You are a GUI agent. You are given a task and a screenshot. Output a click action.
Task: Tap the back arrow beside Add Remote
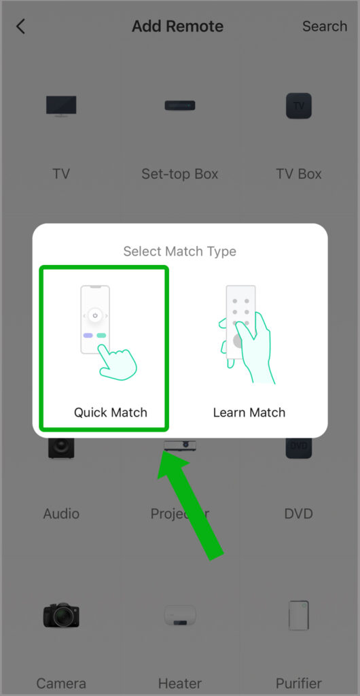click(x=20, y=27)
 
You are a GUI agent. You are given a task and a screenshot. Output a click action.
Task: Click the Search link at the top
click(x=325, y=27)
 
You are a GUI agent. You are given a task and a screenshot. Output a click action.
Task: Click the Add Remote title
click(x=177, y=27)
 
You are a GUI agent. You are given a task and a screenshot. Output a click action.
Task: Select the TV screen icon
click(x=61, y=106)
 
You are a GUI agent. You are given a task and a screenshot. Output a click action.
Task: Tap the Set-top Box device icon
click(x=179, y=105)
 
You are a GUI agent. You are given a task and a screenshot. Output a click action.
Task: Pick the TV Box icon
click(x=298, y=105)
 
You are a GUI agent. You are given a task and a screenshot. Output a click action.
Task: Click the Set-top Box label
click(x=179, y=173)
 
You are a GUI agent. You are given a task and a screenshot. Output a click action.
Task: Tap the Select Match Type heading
click(x=179, y=251)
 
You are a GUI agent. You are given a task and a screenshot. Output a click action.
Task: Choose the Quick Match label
click(x=111, y=413)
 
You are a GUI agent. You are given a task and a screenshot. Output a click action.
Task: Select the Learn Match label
click(x=249, y=413)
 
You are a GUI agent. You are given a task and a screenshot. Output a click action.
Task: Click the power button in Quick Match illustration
click(x=95, y=315)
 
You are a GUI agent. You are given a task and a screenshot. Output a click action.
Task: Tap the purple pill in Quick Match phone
click(x=88, y=336)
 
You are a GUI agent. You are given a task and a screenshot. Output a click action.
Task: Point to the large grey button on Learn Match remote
click(x=238, y=341)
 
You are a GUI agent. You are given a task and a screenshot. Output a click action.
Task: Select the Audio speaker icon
click(x=61, y=447)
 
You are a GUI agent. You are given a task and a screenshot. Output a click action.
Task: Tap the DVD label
click(x=298, y=514)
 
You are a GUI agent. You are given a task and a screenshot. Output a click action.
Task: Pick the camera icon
click(x=61, y=614)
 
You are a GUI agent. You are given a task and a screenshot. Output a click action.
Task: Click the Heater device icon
click(x=179, y=616)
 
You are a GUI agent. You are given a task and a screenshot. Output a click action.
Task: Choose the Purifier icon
click(x=298, y=615)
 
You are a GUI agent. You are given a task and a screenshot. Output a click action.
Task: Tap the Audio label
click(x=61, y=514)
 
